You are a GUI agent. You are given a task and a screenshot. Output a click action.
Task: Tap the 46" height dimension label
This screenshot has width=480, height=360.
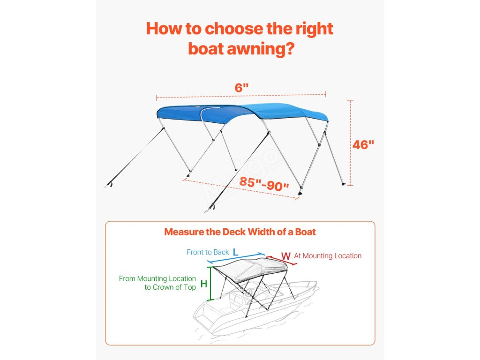tap(363, 145)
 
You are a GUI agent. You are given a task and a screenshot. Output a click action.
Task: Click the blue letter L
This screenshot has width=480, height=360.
tap(235, 252)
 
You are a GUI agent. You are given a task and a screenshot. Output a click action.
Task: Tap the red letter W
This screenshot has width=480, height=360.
tap(285, 256)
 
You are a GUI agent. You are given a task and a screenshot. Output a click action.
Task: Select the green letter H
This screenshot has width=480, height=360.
tap(204, 284)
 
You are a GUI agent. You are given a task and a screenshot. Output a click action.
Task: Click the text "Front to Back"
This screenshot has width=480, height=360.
tap(208, 252)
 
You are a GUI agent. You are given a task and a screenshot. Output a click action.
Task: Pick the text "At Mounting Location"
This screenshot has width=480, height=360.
tap(328, 256)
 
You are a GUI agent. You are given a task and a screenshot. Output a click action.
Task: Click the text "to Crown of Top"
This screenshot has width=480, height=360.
tap(170, 287)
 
